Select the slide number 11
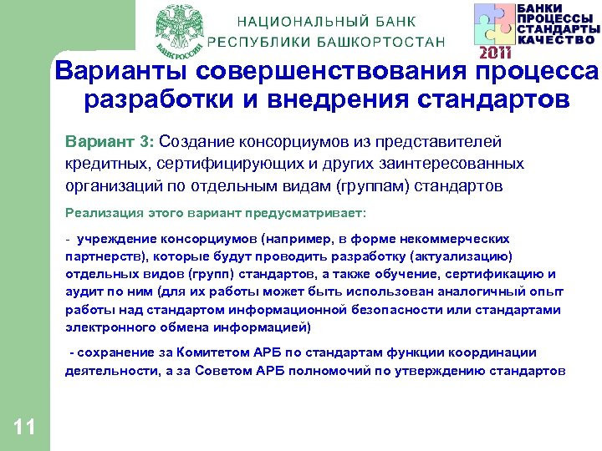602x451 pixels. (25, 428)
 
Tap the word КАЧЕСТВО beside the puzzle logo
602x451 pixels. (556, 38)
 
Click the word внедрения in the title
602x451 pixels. (334, 101)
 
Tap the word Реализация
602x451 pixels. (105, 213)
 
